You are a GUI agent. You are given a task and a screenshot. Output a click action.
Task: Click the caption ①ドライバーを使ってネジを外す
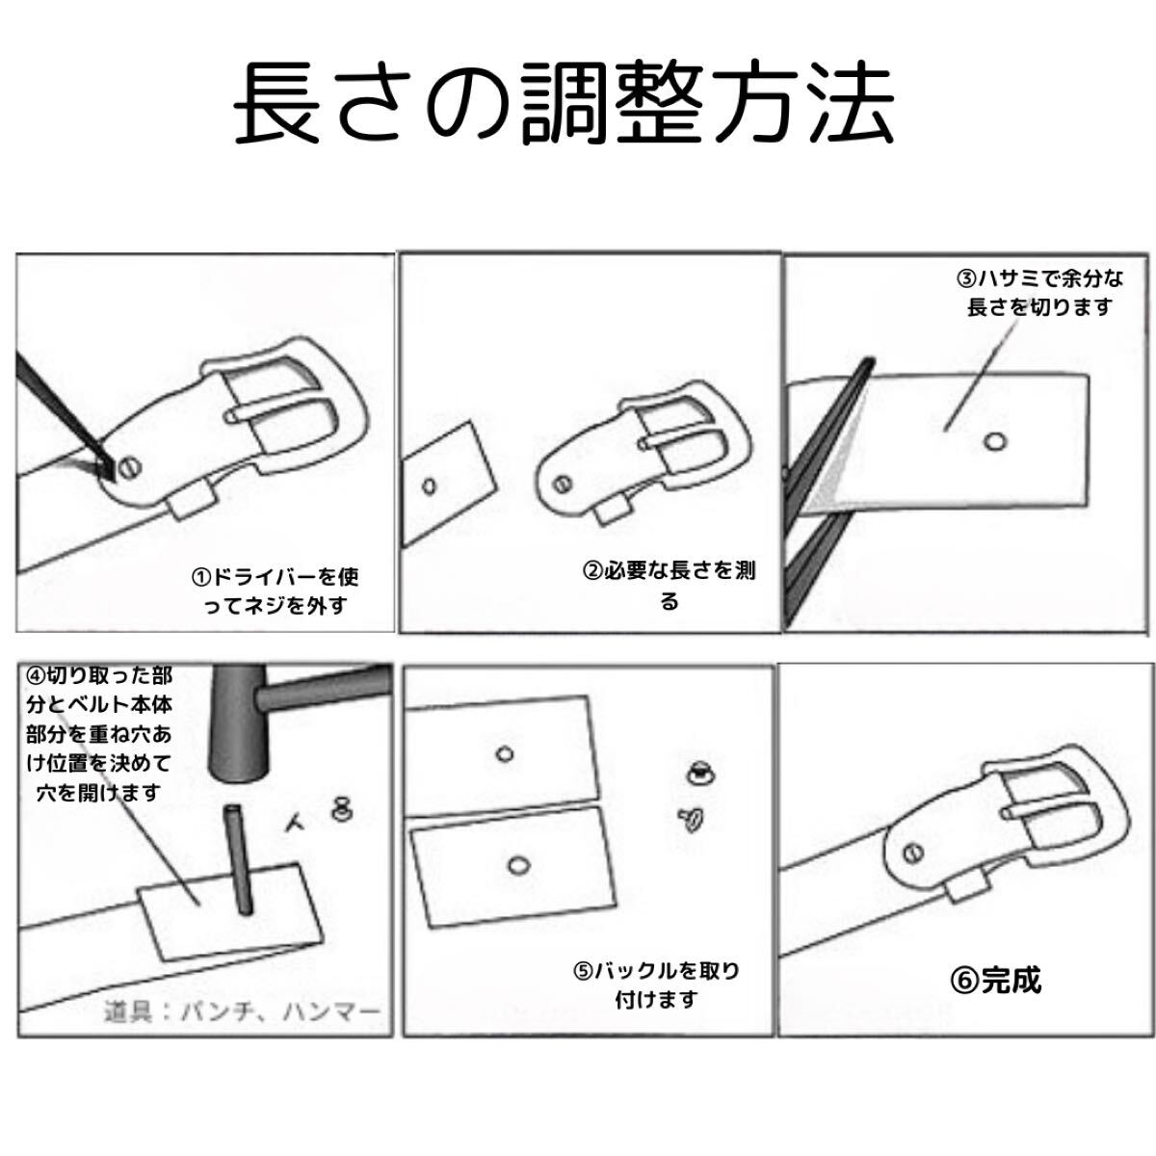click(275, 591)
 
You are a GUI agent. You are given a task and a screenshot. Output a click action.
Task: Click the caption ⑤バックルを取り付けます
click(669, 985)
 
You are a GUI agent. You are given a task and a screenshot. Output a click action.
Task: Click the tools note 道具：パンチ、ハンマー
click(243, 1011)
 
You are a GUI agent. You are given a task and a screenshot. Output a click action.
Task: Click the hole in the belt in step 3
click(994, 441)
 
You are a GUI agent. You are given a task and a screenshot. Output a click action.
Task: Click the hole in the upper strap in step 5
click(504, 753)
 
